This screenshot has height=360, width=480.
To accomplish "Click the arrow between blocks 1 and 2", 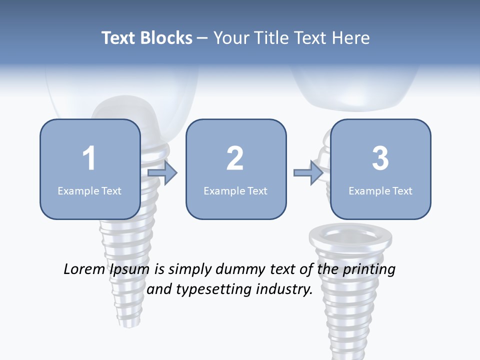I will click(x=163, y=173).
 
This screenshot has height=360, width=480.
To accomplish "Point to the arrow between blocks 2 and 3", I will click(x=308, y=173).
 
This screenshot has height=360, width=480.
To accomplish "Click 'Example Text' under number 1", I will click(x=89, y=190).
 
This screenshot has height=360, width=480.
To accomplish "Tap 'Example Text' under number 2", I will click(x=235, y=190).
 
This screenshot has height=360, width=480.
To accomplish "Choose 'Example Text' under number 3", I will click(x=380, y=190).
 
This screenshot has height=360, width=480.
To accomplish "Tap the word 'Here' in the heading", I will click(x=350, y=38).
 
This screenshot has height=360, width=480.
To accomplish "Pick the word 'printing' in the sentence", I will click(x=368, y=270).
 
